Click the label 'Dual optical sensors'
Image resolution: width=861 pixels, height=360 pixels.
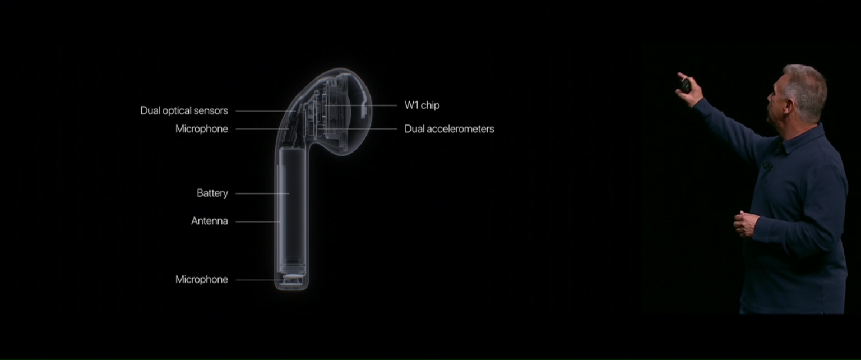point(184,111)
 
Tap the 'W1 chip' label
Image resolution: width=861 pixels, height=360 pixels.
point(422,105)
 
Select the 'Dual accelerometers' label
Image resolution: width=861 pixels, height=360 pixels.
point(449,129)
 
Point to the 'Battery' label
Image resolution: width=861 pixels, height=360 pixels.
point(212,193)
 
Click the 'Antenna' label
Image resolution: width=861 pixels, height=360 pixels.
point(210,221)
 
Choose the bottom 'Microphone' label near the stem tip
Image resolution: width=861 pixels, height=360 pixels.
point(202,280)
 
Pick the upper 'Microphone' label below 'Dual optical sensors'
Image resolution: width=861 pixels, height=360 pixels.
point(202,129)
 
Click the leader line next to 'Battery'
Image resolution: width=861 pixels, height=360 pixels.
point(262,193)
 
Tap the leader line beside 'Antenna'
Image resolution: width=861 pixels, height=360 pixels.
point(258,221)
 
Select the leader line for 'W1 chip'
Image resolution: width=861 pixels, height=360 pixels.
point(361,105)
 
